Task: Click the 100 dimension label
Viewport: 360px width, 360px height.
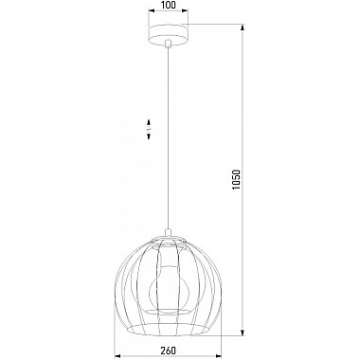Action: click(169, 5)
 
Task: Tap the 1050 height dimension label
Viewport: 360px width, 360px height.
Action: click(236, 180)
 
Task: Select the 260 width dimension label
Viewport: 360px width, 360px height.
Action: click(168, 351)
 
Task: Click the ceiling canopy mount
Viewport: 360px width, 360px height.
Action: click(169, 36)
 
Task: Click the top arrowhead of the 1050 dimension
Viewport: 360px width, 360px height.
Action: click(243, 27)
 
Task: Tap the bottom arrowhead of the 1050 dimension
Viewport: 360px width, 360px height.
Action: click(243, 333)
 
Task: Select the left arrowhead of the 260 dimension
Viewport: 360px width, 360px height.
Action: click(117, 356)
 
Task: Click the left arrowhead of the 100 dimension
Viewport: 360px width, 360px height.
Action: click(152, 11)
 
